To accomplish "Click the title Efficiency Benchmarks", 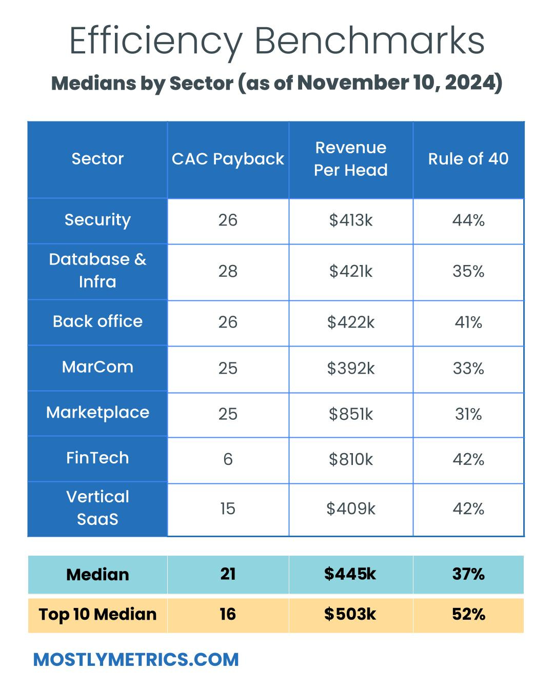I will pyautogui.click(x=277, y=41).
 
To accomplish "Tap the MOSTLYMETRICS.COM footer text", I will pyautogui.click(x=136, y=659).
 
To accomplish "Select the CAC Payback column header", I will pyautogui.click(x=228, y=159).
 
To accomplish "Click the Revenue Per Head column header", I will pyautogui.click(x=351, y=159).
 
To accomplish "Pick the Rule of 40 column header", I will pyautogui.click(x=468, y=159).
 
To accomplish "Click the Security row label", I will pyautogui.click(x=97, y=220).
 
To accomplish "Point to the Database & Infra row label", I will pyautogui.click(x=97, y=271).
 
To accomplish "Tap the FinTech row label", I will pyautogui.click(x=97, y=458).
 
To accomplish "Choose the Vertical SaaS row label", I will pyautogui.click(x=97, y=508).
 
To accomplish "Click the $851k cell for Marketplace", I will pyautogui.click(x=351, y=414).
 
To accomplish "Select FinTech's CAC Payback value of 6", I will pyautogui.click(x=228, y=459).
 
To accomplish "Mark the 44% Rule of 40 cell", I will pyautogui.click(x=468, y=220).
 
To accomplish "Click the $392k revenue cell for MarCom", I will pyautogui.click(x=351, y=368).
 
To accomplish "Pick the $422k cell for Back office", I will pyautogui.click(x=351, y=322).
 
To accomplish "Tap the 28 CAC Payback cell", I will pyautogui.click(x=228, y=271).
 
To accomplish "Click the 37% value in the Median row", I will pyautogui.click(x=468, y=574).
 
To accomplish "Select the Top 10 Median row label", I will pyautogui.click(x=97, y=614).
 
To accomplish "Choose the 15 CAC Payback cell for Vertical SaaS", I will pyautogui.click(x=228, y=508).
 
